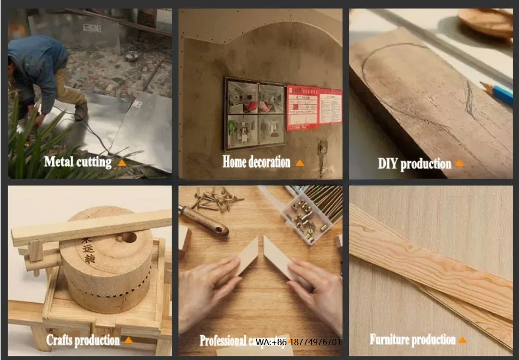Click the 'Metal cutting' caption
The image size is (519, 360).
point(77,162)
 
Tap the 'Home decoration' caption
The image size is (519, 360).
point(256,162)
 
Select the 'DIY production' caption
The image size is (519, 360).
point(414,163)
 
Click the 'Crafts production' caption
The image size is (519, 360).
point(83,340)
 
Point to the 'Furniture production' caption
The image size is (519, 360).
point(412,339)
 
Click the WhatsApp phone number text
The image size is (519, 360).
point(298,342)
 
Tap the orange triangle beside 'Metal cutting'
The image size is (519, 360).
point(122,162)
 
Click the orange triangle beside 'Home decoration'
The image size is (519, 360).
point(300,163)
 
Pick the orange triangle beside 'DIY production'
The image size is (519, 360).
point(459,163)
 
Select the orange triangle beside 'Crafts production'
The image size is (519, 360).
point(128,340)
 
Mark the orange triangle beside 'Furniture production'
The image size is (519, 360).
point(462,340)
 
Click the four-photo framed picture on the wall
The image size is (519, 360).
point(255,114)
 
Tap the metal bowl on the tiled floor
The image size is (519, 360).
point(131,56)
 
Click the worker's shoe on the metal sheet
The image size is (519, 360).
point(81,111)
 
